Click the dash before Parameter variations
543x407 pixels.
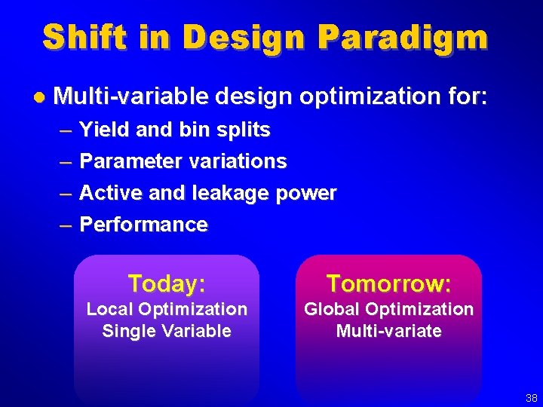66,161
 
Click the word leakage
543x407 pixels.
232,193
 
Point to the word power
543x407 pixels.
306,193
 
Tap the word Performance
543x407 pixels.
143,225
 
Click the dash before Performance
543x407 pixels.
66,225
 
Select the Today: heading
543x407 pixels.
167,283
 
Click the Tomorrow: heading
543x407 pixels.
388,283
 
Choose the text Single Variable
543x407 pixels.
167,331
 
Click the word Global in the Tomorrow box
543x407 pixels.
331,309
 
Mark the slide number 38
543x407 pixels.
532,398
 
